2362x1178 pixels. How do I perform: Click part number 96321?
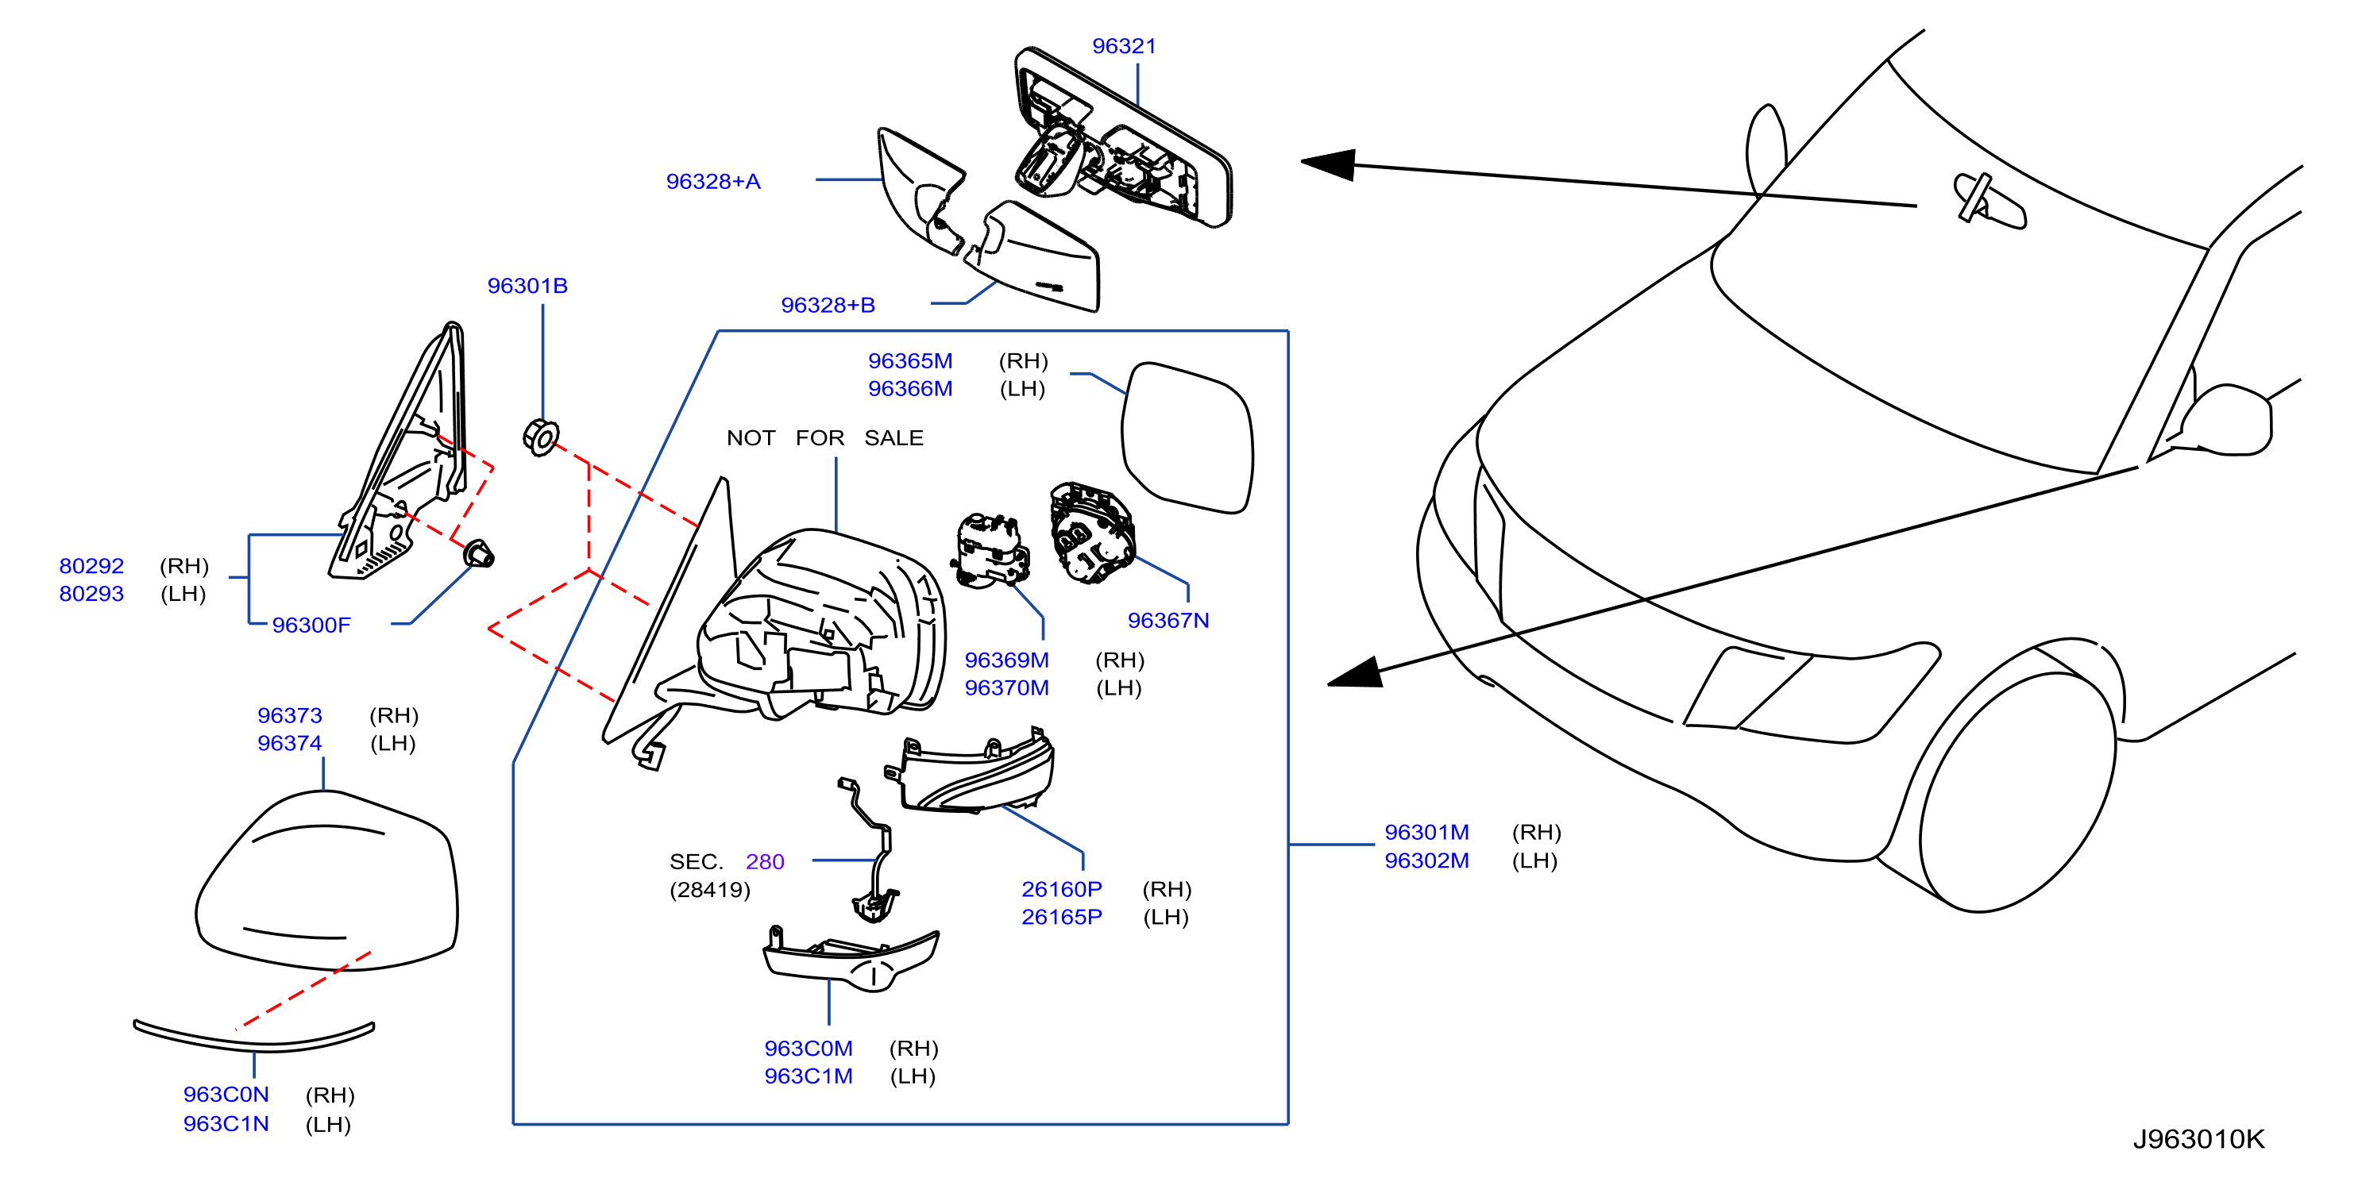[1123, 46]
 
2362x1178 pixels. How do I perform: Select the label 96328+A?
[713, 182]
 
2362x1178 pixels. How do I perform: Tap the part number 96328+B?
[828, 306]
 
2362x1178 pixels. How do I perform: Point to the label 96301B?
[527, 286]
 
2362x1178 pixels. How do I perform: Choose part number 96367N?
[1168, 621]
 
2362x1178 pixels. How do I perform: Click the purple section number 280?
[765, 862]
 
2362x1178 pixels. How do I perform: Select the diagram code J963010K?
[2198, 1138]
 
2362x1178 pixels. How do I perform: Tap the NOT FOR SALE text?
[824, 438]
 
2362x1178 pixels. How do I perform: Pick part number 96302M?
[1426, 860]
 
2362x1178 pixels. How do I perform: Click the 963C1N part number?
[226, 1124]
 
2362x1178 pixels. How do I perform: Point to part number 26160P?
[1062, 889]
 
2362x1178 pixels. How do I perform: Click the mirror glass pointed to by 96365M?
[1187, 437]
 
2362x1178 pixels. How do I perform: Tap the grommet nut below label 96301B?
[540, 437]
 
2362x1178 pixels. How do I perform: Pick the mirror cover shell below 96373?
[326, 881]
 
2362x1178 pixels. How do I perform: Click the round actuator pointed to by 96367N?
[1092, 533]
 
